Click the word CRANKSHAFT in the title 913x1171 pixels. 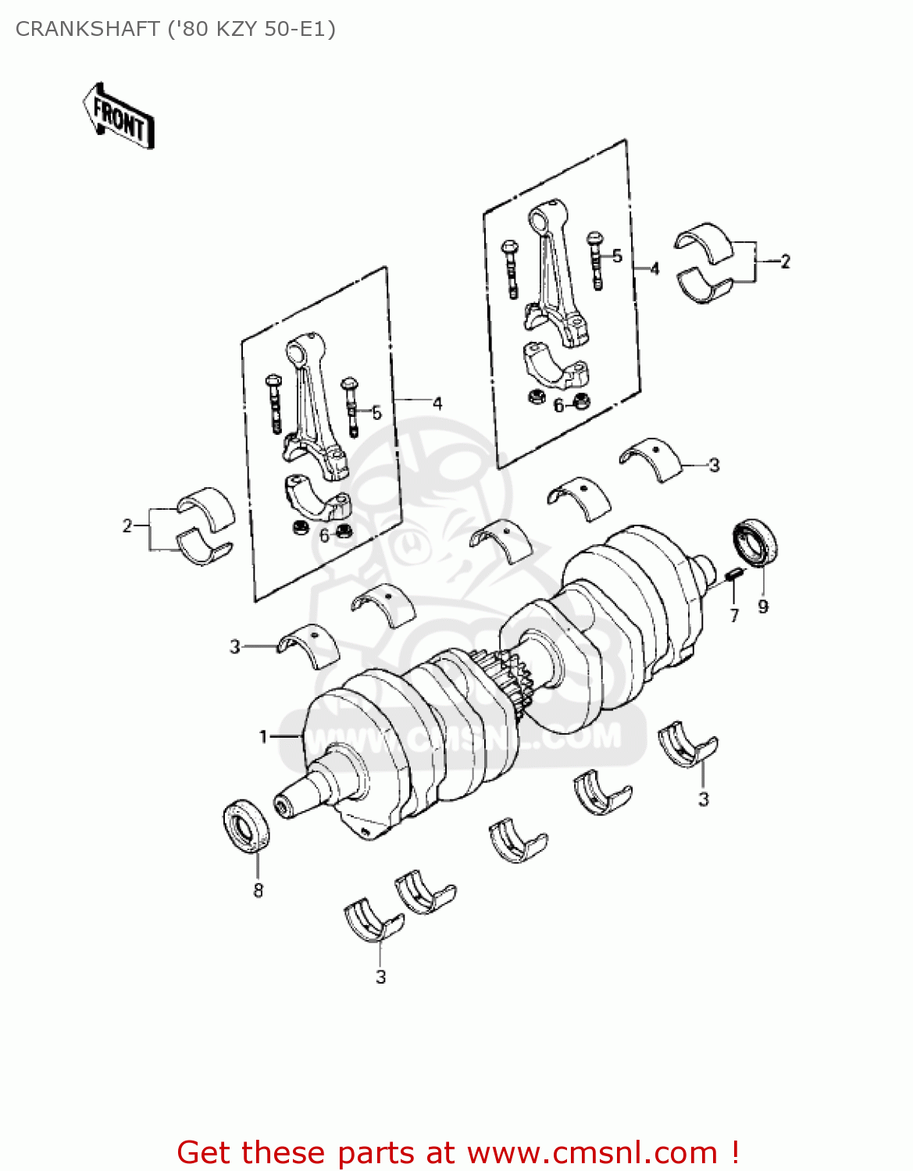click(87, 29)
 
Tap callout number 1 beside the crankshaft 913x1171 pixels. click(264, 736)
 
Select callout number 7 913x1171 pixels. click(734, 616)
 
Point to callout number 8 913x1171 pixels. click(258, 890)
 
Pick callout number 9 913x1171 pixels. click(763, 607)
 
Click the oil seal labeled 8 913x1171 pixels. click(247, 825)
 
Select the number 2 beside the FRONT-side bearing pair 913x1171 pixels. click(127, 526)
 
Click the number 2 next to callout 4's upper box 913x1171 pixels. click(785, 262)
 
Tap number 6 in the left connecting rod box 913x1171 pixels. click(324, 536)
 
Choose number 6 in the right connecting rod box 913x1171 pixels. click(558, 406)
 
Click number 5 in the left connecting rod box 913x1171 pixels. click(376, 413)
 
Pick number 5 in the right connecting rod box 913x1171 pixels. click(617, 256)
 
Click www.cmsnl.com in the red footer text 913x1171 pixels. click(591, 1152)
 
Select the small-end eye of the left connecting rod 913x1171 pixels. click(304, 348)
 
